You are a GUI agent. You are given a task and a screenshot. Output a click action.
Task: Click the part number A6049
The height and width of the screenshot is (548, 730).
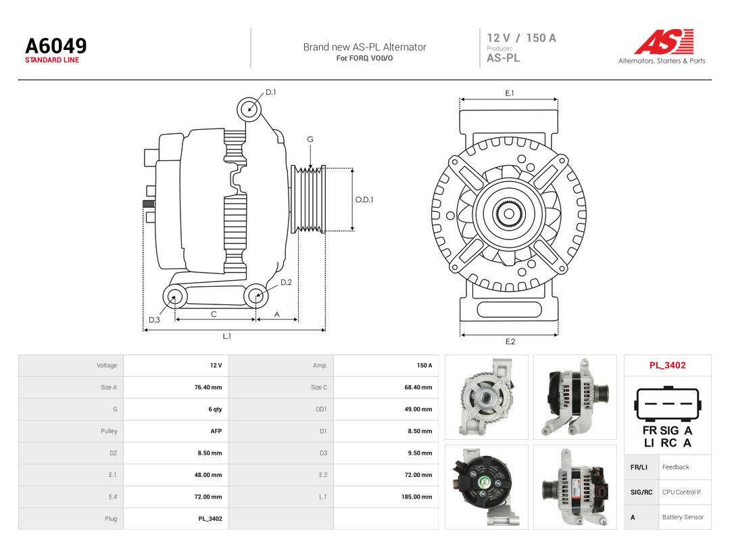click(56, 46)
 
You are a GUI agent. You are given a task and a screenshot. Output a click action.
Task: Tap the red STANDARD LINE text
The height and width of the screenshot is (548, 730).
click(52, 60)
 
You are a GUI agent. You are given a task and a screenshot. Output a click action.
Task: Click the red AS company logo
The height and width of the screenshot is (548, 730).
click(664, 41)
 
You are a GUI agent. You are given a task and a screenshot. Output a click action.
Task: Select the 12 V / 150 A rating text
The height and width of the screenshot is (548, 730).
click(521, 38)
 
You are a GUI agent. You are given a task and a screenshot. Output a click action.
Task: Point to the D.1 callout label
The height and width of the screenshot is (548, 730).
click(270, 92)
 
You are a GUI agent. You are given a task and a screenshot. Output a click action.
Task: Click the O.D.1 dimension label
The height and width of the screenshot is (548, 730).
click(364, 200)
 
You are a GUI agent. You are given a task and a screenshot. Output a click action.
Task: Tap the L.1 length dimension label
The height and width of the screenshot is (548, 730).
click(226, 336)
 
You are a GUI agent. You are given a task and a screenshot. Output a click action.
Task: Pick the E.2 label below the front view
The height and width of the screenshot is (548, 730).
click(510, 342)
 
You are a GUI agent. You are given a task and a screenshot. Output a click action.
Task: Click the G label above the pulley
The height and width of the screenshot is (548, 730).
click(310, 139)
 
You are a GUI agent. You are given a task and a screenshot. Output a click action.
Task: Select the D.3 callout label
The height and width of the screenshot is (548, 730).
click(154, 319)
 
